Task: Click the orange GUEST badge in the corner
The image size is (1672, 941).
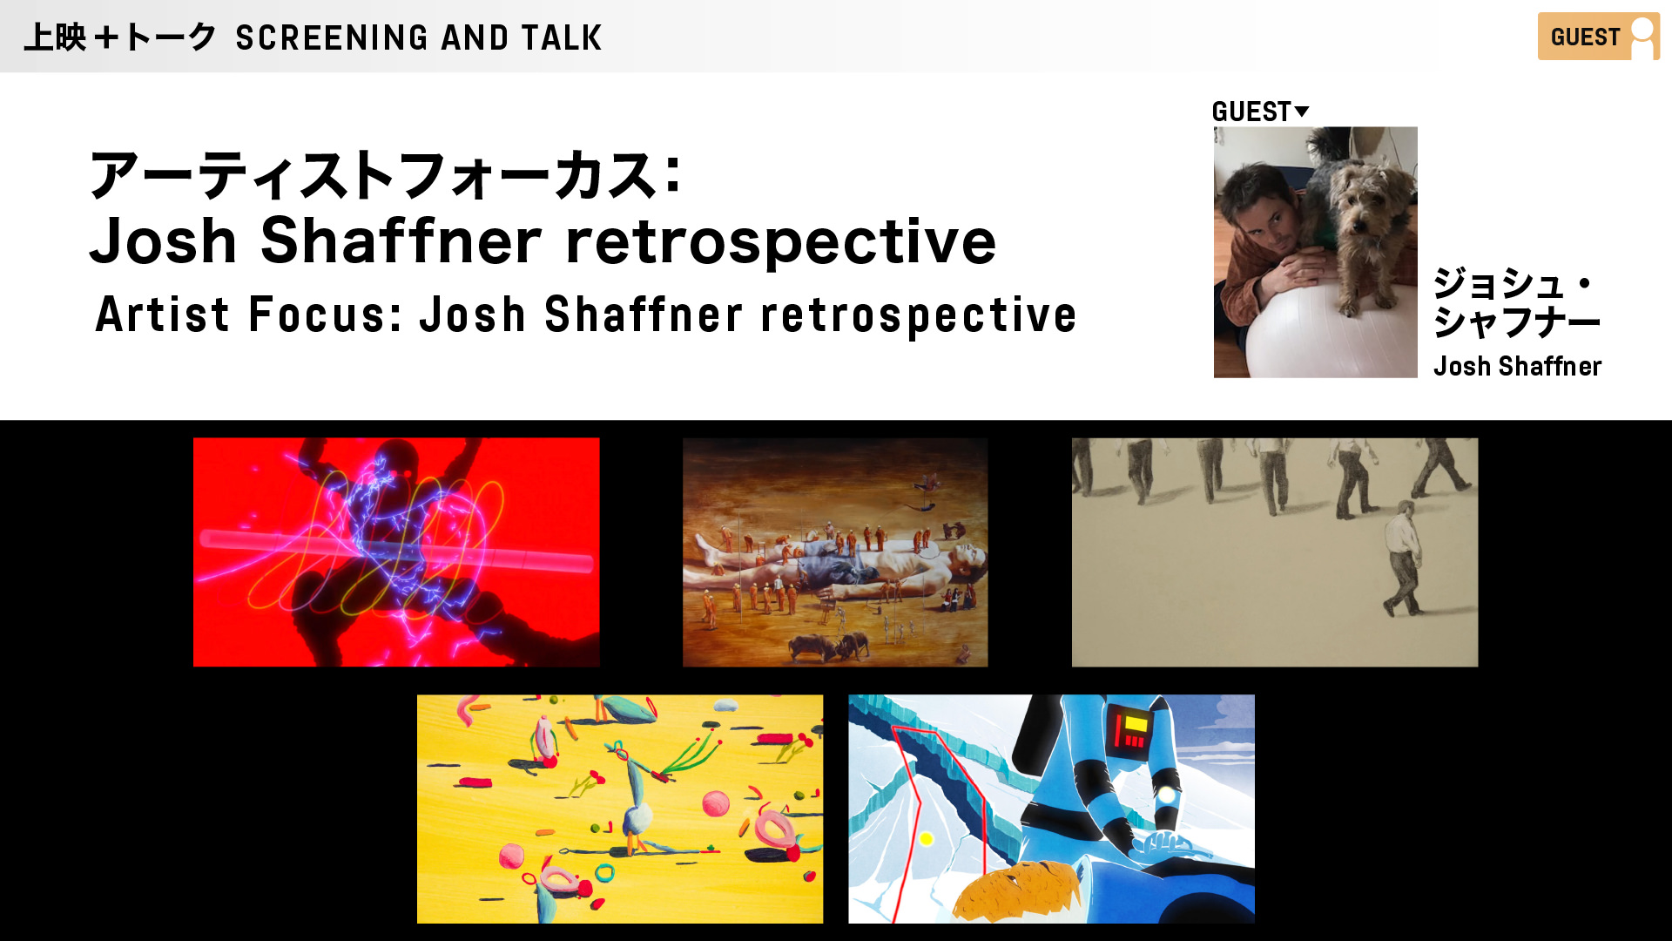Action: pos(1598,37)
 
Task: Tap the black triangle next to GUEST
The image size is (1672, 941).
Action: pos(1302,111)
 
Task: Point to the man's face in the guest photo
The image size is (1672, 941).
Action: pos(1254,214)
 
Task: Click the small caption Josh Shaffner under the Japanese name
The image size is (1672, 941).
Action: pos(1517,366)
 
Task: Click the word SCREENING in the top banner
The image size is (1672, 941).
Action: pos(332,37)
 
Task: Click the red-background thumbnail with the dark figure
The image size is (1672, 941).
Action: pos(396,552)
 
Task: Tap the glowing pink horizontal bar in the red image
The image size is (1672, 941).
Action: pos(396,551)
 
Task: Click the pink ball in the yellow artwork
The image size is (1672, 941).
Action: pos(716,803)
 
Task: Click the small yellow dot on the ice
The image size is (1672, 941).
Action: pos(927,838)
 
